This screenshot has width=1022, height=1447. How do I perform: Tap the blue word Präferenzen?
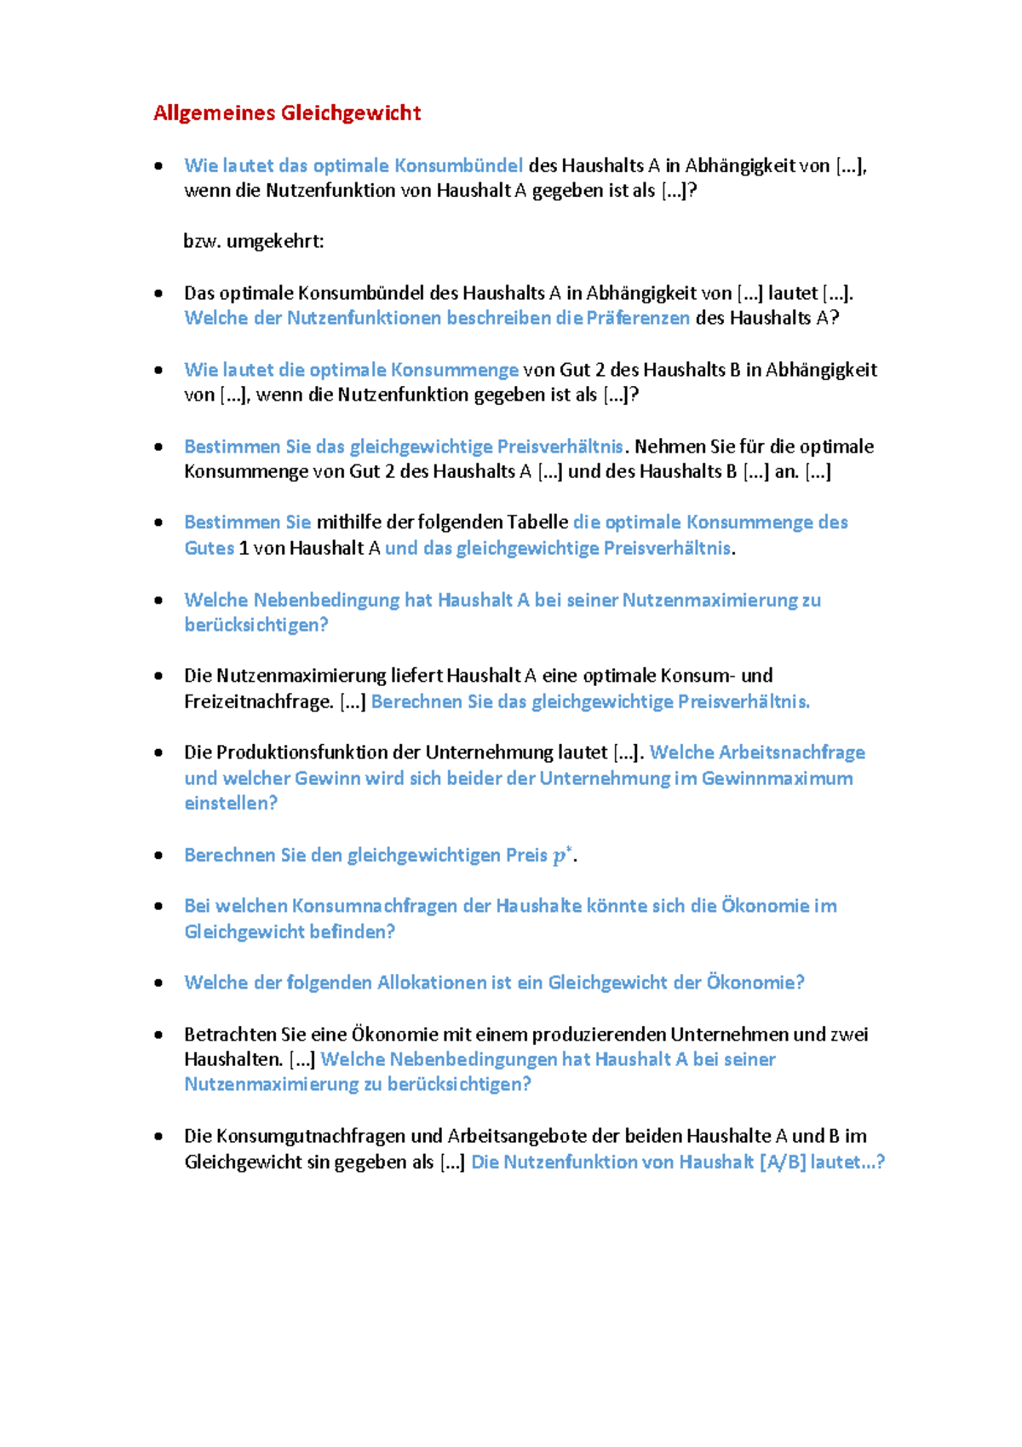pos(638,319)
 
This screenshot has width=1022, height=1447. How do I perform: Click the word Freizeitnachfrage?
pos(258,702)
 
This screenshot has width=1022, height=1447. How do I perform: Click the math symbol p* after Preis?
pos(561,856)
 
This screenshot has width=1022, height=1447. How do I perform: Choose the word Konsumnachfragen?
pos(375,906)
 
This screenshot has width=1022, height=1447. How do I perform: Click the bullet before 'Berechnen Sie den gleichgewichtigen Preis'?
pos(158,856)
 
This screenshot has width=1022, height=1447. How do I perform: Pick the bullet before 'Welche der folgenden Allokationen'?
pos(158,983)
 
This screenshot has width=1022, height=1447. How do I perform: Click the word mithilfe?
pos(349,522)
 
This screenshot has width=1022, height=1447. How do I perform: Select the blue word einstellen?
pos(231,804)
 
